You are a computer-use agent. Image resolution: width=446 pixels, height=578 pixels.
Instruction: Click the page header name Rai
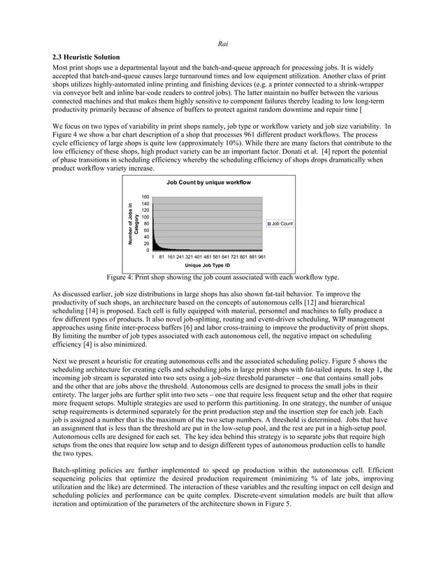222,41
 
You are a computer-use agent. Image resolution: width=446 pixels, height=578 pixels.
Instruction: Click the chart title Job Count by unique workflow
208,182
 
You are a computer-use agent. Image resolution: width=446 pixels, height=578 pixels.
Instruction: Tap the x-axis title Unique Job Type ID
208,265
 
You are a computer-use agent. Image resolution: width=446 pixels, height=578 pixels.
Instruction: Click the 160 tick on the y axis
145,197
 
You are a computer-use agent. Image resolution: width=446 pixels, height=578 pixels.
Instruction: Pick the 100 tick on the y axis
145,217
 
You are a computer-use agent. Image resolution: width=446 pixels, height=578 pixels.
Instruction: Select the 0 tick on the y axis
147,250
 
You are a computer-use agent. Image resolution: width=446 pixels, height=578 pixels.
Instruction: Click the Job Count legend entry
280,223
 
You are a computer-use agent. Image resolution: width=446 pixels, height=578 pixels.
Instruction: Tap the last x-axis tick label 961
261,257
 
